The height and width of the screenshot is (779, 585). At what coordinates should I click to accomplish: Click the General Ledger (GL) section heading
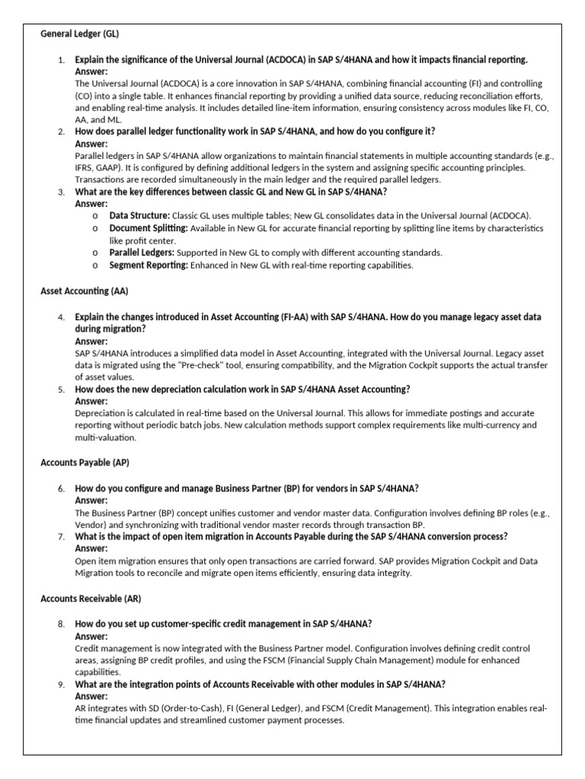(x=79, y=34)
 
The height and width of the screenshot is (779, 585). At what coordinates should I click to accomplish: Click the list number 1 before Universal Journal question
(x=61, y=59)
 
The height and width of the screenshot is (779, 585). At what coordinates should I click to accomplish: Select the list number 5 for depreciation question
(x=61, y=389)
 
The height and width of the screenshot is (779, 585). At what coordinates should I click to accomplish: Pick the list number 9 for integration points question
(x=61, y=685)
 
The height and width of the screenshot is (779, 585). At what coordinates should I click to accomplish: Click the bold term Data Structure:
(x=139, y=216)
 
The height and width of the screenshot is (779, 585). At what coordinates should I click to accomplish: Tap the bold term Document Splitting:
(x=149, y=228)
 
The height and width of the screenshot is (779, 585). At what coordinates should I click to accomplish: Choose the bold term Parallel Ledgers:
(x=142, y=253)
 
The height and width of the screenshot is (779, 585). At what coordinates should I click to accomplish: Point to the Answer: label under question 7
(x=91, y=548)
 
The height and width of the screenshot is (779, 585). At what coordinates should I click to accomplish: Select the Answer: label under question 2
(x=91, y=144)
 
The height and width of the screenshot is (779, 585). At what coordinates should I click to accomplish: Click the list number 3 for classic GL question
(x=61, y=192)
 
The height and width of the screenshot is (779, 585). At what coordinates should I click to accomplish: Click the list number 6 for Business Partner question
(x=61, y=488)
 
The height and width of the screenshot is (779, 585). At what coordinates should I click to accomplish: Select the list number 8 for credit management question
(x=61, y=624)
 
